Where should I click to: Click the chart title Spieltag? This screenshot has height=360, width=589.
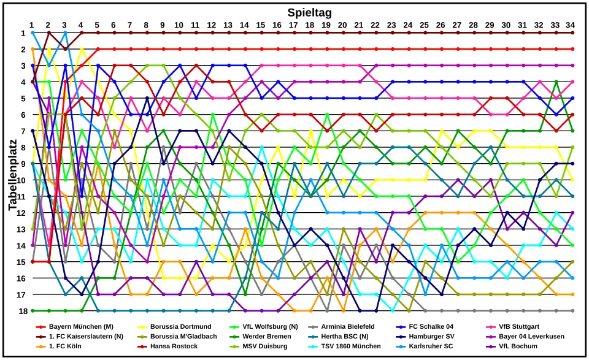(310, 12)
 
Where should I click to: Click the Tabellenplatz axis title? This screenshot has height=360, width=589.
(13, 175)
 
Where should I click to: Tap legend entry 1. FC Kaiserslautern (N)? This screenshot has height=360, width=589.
(86, 337)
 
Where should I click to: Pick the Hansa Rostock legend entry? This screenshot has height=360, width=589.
(174, 347)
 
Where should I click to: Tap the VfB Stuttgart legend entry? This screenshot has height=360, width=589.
(519, 327)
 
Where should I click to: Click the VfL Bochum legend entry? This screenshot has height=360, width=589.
(518, 347)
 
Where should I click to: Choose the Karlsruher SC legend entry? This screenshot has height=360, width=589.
(431, 347)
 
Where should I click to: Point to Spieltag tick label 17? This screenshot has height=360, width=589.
(293, 25)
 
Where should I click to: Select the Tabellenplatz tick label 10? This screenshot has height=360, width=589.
(21, 180)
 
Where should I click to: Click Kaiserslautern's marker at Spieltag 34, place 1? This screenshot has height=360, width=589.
(572, 33)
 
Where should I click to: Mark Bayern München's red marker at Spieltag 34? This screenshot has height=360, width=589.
(572, 49)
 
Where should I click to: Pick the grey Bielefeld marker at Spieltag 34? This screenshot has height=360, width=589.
(572, 311)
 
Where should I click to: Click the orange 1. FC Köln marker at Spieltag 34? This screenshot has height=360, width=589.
(572, 294)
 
